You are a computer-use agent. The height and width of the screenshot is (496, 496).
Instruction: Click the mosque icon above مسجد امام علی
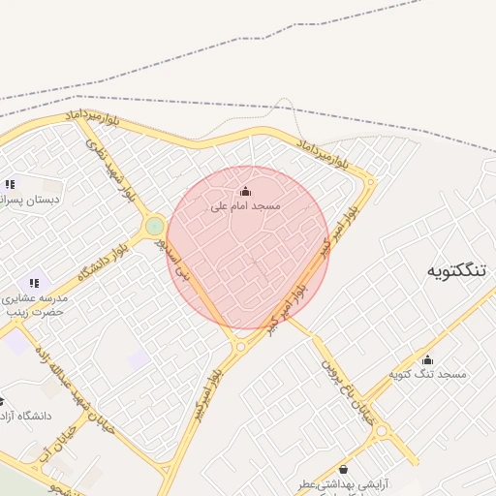245,191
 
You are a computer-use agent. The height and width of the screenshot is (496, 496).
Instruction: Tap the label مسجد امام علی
245,206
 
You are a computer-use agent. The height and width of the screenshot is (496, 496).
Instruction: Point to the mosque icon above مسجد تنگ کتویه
427,358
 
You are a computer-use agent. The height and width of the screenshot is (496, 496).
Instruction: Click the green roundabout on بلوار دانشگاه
154,227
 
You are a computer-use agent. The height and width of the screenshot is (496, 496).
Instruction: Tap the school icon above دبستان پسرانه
10,183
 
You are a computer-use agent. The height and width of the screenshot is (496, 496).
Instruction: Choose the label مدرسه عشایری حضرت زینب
34,305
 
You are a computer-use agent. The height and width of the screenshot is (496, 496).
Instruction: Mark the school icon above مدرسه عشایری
34,283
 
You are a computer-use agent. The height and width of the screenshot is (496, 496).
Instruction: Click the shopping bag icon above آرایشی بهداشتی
342,469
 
